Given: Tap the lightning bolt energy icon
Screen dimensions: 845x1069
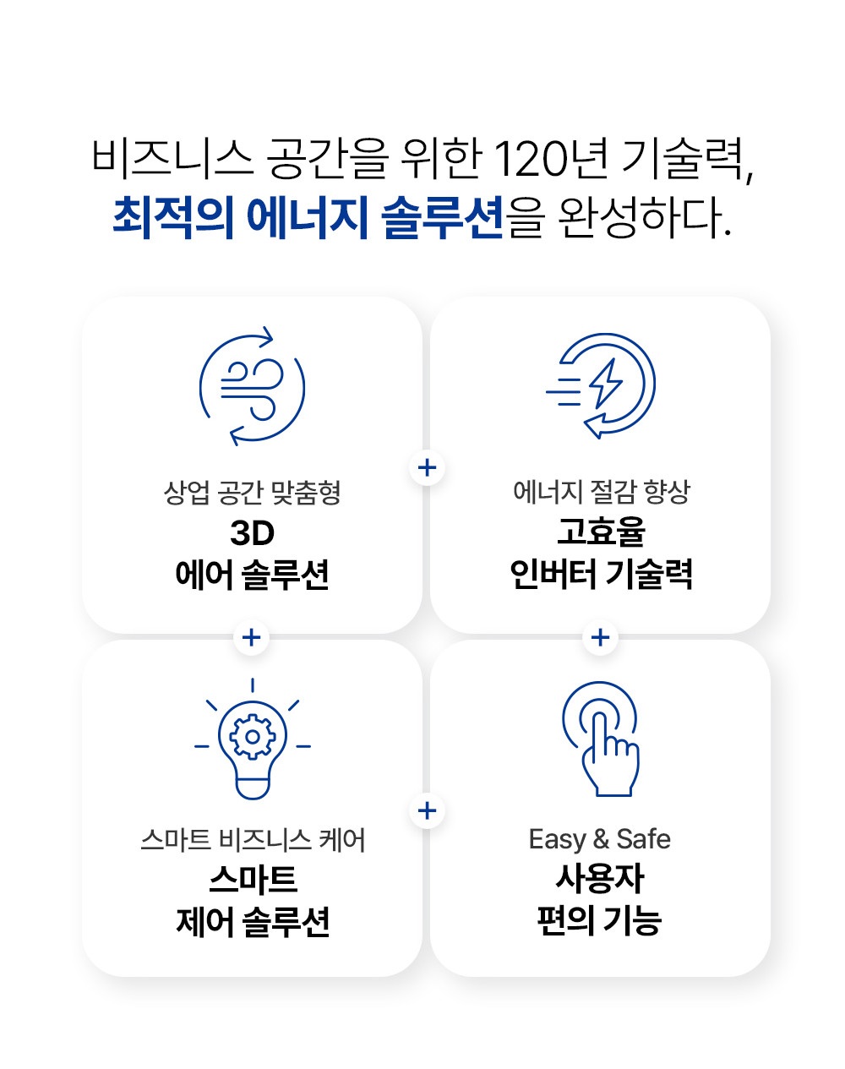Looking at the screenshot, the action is pos(602,385).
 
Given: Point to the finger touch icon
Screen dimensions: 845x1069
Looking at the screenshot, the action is pos(602,738).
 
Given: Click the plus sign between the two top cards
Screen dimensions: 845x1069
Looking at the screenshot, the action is pos(428,467).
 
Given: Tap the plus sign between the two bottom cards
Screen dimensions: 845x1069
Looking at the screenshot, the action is pos(428,811).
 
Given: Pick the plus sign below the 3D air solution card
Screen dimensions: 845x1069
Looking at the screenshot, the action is pos(251,637).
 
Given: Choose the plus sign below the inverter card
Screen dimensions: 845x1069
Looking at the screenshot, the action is pos(601,637).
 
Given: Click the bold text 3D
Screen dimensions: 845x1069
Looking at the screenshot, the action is pos(252,533).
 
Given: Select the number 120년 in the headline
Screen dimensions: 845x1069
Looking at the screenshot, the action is pos(549,159).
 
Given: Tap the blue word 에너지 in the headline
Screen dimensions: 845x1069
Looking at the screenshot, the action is pos(308,217).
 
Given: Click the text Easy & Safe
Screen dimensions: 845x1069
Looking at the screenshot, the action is pos(600,839).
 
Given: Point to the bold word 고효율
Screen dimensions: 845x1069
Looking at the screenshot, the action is pos(601,532).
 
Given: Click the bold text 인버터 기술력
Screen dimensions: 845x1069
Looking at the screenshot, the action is pos(601,575).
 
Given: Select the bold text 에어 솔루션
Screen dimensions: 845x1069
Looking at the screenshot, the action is pos(252,575).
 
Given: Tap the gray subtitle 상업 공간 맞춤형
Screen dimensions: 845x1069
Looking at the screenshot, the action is pos(252,492).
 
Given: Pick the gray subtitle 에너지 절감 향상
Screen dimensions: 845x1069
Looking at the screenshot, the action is pos(601,491).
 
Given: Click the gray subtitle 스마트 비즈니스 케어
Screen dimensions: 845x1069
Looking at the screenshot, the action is pos(252,840).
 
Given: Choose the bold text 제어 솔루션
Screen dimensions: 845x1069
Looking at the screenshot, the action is pos(252,921).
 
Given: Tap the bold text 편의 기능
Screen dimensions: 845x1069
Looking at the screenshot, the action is pos(600,920).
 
